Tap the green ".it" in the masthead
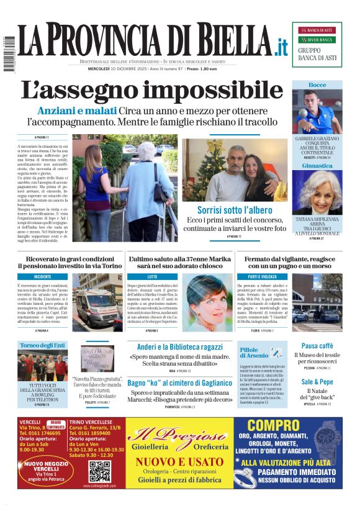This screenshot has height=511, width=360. coord(281,46)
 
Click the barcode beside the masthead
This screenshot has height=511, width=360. coord(8,56)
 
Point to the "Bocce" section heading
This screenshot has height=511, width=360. coord(317,84)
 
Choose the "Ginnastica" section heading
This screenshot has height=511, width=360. coord(317,166)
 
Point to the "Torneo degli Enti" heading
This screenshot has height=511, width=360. coord(42,345)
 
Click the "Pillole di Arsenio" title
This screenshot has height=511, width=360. coord(253,354)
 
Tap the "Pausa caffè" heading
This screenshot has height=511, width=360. coord(317,345)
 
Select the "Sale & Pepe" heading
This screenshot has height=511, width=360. coord(317,381)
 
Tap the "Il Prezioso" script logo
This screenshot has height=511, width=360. coord(178,435)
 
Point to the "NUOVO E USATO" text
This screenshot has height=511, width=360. coord(179,461)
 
